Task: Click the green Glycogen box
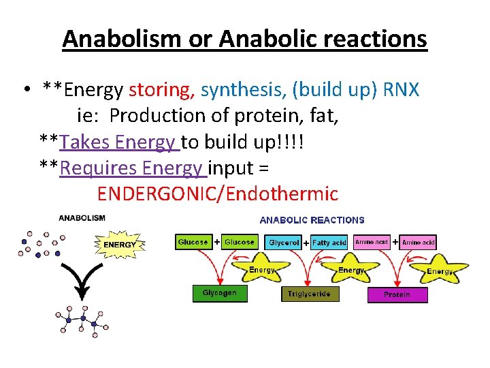220,293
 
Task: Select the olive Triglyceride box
309,294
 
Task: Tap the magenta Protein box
397,295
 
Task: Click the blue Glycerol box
284,243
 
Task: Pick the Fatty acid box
329,243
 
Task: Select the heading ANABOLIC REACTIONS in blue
312,220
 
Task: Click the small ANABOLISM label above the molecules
82,218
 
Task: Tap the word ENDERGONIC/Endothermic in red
217,194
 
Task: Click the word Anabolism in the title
128,39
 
